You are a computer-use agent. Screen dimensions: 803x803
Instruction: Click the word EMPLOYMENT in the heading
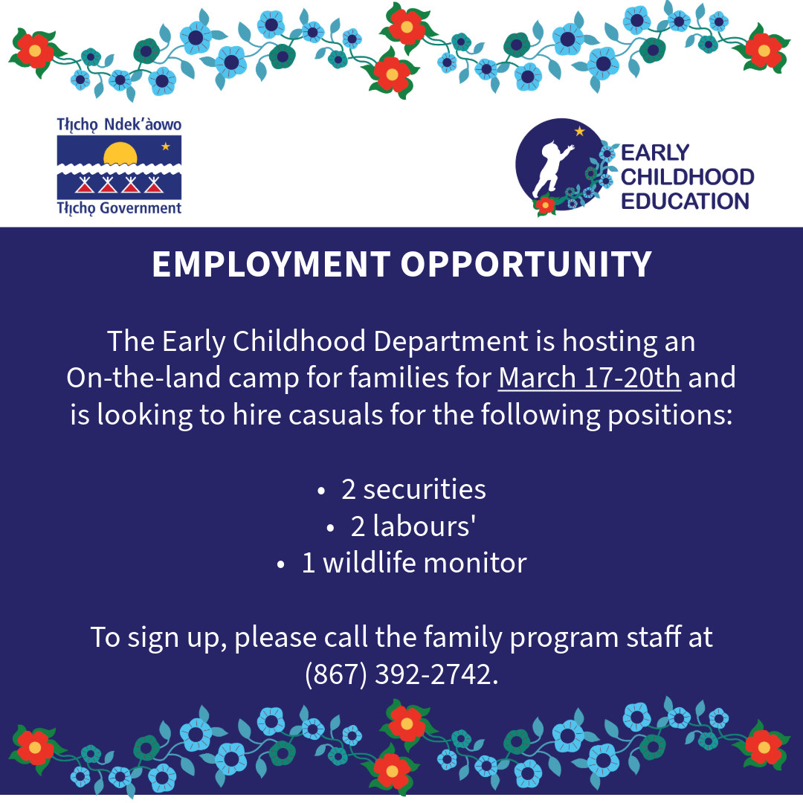(x=271, y=264)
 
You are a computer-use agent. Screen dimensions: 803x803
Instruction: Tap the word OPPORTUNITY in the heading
(x=526, y=264)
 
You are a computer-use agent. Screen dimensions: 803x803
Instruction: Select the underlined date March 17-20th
(x=590, y=378)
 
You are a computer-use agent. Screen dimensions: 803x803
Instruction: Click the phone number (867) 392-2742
(x=401, y=674)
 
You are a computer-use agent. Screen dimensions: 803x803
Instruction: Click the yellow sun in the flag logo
(x=120, y=154)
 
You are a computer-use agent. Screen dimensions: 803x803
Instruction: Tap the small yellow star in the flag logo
(x=165, y=146)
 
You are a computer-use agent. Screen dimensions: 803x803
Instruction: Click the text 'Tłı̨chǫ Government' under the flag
(x=119, y=208)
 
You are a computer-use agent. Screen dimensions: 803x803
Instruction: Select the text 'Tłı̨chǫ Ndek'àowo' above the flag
(x=119, y=125)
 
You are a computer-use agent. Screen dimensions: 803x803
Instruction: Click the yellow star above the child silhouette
(x=580, y=131)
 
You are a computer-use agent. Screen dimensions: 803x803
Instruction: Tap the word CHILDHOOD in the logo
(x=687, y=177)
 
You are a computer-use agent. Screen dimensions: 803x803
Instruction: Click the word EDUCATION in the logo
(x=686, y=201)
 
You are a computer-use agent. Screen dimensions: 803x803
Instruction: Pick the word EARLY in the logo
(x=655, y=152)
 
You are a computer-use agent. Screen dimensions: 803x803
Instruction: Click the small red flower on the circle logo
(x=545, y=206)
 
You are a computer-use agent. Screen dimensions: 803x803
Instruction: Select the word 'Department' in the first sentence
(x=451, y=341)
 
